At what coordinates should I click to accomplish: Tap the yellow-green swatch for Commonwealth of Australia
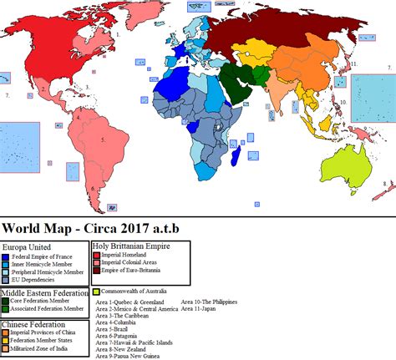[97, 290]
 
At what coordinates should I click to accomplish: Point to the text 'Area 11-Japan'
[180, 308]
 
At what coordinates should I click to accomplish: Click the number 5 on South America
[103, 139]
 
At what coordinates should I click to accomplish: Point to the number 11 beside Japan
[355, 63]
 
